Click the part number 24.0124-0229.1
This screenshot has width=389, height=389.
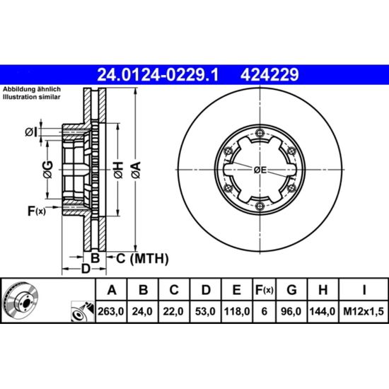pyautogui.click(x=158, y=75)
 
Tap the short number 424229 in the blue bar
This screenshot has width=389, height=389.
pyautogui.click(x=269, y=75)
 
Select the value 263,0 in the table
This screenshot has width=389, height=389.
pyautogui.click(x=110, y=311)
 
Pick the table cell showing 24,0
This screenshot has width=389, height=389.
pyautogui.click(x=142, y=311)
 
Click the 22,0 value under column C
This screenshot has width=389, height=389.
pyautogui.click(x=173, y=311)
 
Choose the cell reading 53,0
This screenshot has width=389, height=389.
pyautogui.click(x=205, y=311)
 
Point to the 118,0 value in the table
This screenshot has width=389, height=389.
pyautogui.click(x=237, y=311)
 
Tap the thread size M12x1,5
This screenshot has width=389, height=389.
pyautogui.click(x=364, y=311)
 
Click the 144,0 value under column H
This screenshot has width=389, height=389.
pyautogui.click(x=323, y=311)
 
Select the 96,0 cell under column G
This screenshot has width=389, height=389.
pyautogui.click(x=291, y=311)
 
